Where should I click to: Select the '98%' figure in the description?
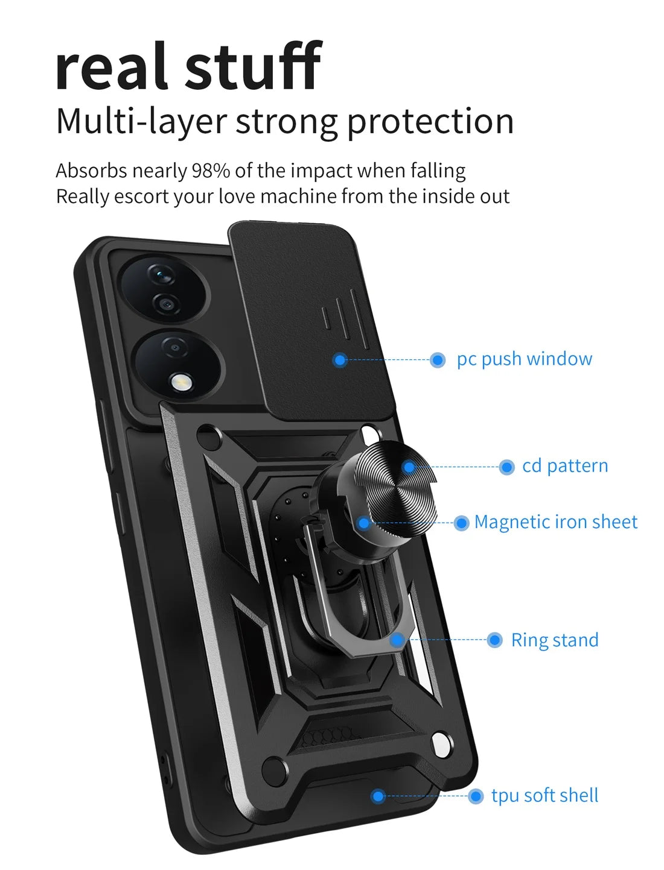211,171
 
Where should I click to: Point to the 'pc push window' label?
524,359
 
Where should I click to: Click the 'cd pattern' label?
564,466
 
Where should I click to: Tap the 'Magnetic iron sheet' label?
555,522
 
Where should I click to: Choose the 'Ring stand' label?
554,640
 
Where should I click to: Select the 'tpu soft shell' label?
544,796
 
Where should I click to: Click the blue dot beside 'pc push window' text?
438,361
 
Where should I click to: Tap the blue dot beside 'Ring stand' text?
494,640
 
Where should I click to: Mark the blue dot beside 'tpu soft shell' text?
476,796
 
